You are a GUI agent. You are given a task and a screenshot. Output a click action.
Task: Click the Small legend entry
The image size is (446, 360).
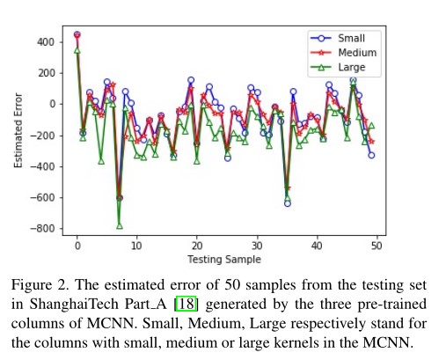351,39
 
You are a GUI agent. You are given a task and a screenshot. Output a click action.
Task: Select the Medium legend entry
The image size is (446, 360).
356,52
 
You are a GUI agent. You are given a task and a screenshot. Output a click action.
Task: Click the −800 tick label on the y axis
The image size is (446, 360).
45,229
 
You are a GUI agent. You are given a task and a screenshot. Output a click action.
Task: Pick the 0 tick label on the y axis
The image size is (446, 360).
55,105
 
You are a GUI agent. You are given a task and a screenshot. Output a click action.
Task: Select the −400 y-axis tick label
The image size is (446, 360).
45,166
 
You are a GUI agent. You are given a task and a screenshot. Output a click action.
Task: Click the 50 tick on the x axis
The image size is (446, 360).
376,247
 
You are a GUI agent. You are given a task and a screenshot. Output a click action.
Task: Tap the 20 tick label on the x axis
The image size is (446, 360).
196,247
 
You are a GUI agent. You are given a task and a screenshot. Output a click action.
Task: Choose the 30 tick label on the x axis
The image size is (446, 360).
256,247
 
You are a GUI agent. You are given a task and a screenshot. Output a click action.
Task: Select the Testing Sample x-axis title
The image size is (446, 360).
226,260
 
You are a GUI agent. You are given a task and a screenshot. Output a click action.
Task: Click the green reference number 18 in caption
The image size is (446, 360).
183,304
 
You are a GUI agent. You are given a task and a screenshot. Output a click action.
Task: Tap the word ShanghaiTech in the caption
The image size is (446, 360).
69,304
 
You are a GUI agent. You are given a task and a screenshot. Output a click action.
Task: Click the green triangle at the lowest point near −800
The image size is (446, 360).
120,225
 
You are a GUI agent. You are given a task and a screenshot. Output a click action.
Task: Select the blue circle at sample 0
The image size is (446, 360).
77,35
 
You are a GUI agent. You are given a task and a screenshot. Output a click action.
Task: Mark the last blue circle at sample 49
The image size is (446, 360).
370,155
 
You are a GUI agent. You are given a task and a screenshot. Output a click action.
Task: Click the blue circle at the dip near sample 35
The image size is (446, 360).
287,202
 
